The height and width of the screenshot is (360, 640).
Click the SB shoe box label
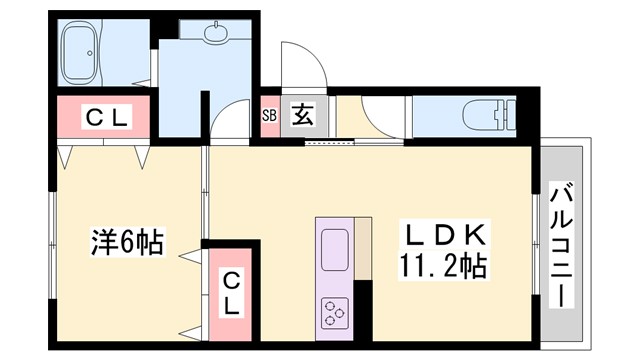click(269, 114)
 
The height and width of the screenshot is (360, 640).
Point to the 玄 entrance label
click(302, 114)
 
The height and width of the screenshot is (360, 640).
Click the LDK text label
click(445, 236)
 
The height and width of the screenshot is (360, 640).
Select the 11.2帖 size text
click(445, 267)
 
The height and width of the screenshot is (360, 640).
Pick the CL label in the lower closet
click(230, 292)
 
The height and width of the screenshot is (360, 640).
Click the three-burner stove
click(334, 312)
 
